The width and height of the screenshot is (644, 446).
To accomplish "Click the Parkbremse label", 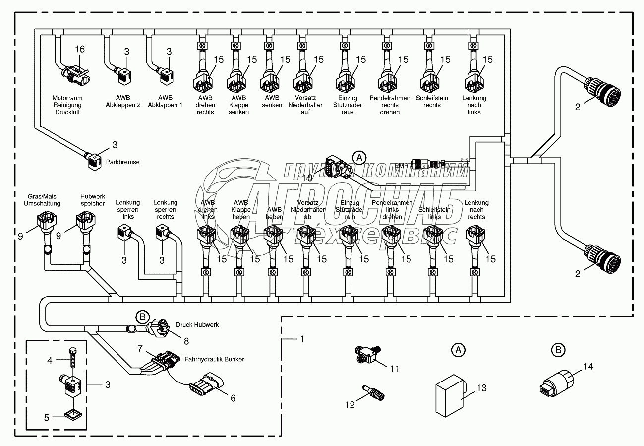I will (x=123, y=162).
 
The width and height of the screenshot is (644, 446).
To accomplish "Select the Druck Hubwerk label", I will (x=197, y=325).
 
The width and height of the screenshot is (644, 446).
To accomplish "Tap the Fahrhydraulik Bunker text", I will (x=214, y=359).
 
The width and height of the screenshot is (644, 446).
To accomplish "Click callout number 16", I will (x=80, y=49).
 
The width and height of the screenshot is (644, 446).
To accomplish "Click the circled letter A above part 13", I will (x=458, y=350).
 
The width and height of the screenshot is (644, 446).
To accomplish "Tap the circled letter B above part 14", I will (x=558, y=350).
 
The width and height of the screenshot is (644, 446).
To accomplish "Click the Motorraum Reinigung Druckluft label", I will (x=67, y=105).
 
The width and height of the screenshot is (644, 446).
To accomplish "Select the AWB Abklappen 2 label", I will (x=123, y=102).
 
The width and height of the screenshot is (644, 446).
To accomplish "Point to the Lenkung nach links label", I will (x=474, y=105).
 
